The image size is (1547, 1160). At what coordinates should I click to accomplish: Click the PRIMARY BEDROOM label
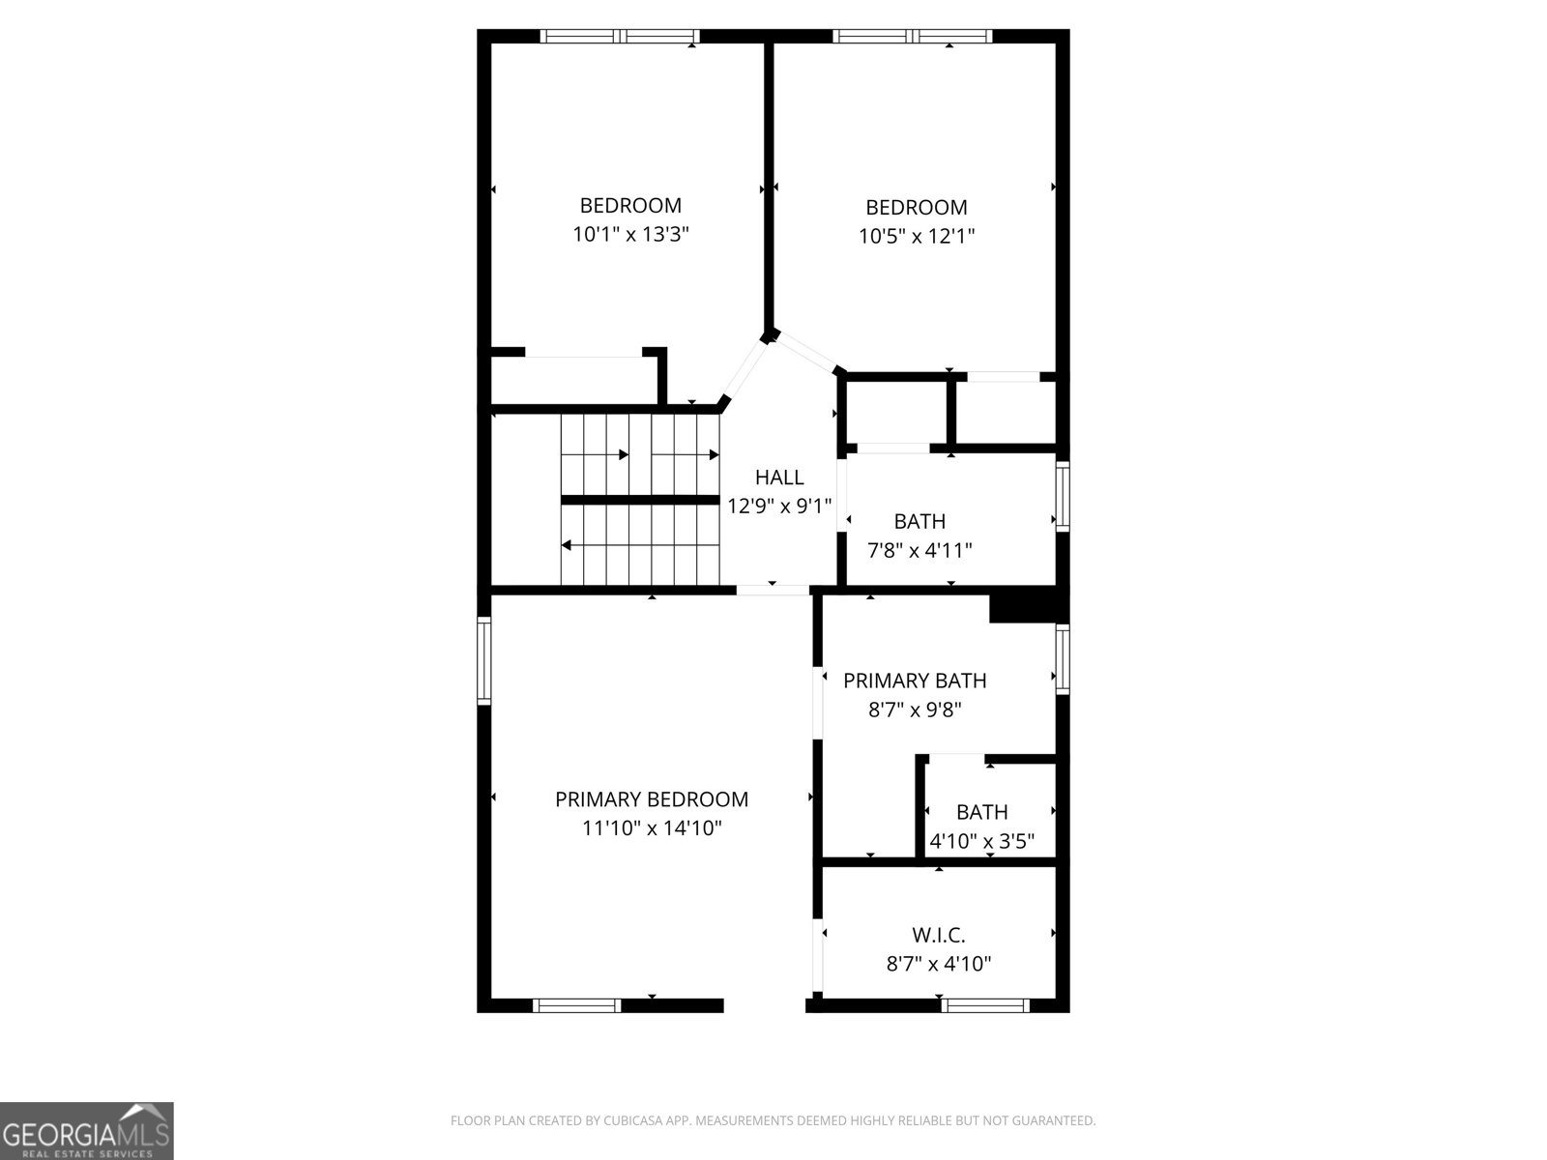pos(651,799)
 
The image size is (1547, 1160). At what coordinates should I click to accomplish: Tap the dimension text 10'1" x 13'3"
pos(630,234)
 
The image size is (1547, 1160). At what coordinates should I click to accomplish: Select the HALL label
pos(779,477)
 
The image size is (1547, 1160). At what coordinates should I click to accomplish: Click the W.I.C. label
pos(939,935)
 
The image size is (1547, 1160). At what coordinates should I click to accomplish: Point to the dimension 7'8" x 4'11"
pos(919,550)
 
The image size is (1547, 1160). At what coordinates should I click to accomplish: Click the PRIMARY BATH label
pos(915,681)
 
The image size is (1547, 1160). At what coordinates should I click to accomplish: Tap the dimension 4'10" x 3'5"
pos(981,841)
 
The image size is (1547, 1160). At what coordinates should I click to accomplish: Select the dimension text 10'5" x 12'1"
pos(917,236)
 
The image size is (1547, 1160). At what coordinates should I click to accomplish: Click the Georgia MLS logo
pos(86,1130)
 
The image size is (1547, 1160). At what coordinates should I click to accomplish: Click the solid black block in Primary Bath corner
pos(1026,607)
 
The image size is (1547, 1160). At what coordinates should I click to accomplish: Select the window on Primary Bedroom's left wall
pos(483,660)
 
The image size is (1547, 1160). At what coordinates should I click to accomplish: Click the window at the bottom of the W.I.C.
pos(985,1005)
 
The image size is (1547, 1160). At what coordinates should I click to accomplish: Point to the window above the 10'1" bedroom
pos(619,37)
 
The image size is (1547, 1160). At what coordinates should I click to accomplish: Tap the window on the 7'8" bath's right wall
pos(1063,496)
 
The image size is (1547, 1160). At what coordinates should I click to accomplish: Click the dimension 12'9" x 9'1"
pos(779,506)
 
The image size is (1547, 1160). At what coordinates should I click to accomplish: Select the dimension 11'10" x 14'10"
pos(651,828)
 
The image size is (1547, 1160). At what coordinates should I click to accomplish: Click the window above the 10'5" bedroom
pos(913,37)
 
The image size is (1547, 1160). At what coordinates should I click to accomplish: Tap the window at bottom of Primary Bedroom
pos(577,1005)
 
